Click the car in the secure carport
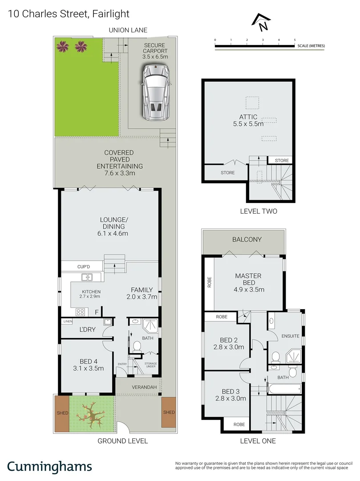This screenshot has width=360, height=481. (156, 92)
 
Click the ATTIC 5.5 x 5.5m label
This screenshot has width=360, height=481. (248, 120)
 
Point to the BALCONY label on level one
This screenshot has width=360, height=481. (247, 240)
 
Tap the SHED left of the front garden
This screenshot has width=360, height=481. (62, 413)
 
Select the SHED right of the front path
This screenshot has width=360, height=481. (169, 412)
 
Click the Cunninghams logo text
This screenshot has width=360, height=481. (49, 466)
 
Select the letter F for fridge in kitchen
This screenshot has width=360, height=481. (97, 311)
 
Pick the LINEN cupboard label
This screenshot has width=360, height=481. (68, 322)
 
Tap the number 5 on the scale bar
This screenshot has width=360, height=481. (295, 40)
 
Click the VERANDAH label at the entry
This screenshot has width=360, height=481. (144, 387)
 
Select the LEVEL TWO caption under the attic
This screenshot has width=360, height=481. (258, 211)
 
